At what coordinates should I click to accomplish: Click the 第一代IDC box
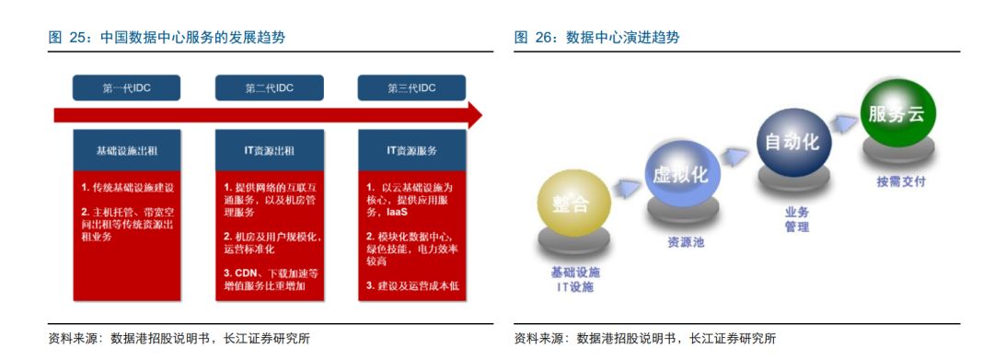point(126,88)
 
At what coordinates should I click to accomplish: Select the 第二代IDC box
point(270,88)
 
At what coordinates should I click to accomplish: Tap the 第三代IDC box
point(412,88)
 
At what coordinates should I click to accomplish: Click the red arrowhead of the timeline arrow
point(474,115)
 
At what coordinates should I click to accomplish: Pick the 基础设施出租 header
point(127,151)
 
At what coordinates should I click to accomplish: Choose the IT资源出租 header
point(270,151)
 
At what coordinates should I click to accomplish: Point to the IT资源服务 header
point(412,151)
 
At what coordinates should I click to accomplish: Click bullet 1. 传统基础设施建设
point(127,188)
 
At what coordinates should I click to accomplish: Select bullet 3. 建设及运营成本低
point(412,285)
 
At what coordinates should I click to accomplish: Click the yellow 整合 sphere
point(573,203)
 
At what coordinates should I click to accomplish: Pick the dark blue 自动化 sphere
point(793,141)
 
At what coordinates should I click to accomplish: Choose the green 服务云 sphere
point(897,113)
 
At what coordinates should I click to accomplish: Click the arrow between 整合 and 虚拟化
point(627,188)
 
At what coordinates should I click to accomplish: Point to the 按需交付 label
point(901,182)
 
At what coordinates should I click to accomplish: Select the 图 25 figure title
point(167,38)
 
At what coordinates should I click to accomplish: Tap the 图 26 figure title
point(596,38)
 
